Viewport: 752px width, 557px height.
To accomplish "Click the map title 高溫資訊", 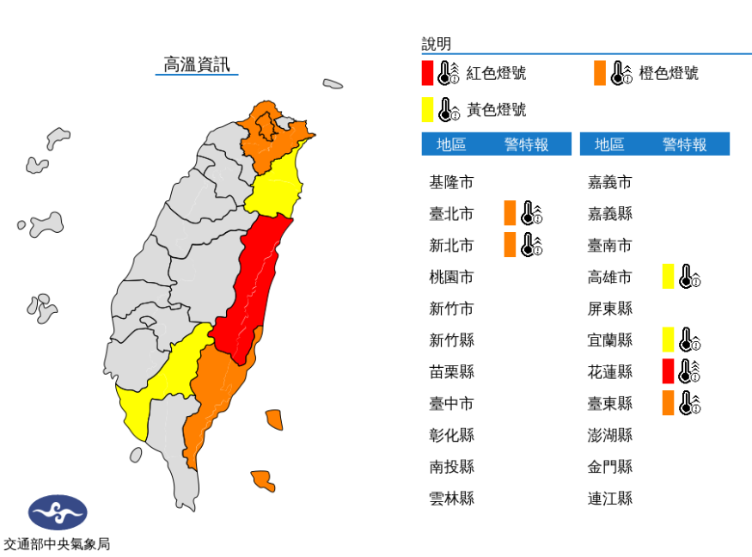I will coord(197,64).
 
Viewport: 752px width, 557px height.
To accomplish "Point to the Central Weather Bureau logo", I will coord(57,512).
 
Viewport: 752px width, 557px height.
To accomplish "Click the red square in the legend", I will coord(427,73).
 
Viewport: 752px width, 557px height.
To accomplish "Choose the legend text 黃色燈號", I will coord(496,110).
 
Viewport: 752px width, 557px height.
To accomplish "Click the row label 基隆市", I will coord(451,182).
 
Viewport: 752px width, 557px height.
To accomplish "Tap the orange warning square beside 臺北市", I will coord(510,212).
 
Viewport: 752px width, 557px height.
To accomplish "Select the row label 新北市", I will coord(451,246).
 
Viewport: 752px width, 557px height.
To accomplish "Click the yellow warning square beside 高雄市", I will coord(668,277).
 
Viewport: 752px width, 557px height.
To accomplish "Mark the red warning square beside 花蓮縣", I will coord(668,371).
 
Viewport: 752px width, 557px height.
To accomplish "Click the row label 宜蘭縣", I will coord(610,340).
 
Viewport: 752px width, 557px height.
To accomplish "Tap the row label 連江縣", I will coord(610,498).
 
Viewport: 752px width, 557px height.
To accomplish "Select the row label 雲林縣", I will coord(451,498).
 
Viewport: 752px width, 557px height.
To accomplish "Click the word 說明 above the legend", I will coord(436,44).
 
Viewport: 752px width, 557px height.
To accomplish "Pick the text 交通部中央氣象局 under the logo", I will coord(57,544).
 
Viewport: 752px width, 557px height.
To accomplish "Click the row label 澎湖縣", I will coord(610,435).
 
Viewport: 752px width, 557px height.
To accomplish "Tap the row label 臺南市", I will coord(610,246).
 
